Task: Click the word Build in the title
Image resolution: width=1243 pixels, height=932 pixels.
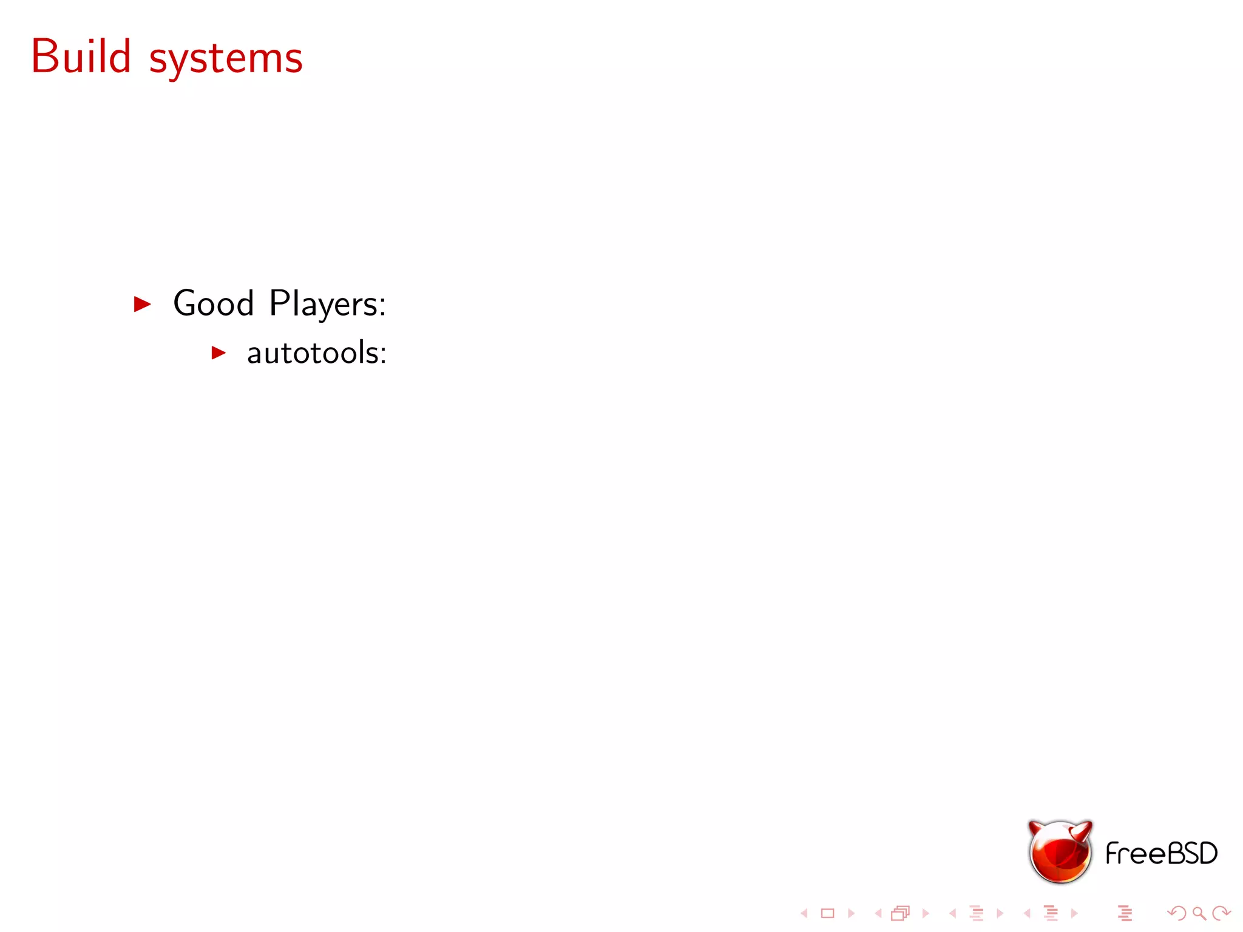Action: pos(81,56)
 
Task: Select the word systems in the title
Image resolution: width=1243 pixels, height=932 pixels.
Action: pos(226,60)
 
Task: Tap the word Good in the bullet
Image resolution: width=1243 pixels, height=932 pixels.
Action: pos(213,303)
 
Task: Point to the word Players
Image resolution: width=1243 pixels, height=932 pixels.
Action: pos(327,303)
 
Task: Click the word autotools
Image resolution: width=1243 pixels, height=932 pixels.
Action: pos(316,353)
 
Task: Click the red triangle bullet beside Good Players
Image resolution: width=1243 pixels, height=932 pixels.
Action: pos(142,303)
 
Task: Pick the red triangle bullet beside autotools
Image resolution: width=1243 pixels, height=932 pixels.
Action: pos(218,353)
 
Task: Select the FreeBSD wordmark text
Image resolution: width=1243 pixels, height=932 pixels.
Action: pos(1161,853)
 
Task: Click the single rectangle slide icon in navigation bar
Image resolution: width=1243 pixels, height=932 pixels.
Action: pos(828,913)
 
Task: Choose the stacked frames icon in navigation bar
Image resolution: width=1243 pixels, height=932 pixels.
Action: pos(901,913)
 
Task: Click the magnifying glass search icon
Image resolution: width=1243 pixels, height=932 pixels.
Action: pos(1199,913)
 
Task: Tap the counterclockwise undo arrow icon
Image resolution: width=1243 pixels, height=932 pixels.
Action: pos(1177,913)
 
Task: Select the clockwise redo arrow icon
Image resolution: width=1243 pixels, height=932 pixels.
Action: pos(1221,913)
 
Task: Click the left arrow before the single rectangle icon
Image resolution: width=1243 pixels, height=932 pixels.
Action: pos(805,913)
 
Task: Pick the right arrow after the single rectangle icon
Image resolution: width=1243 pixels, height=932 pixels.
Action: pos(851,913)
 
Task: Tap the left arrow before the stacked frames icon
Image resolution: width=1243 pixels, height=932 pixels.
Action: pos(878,913)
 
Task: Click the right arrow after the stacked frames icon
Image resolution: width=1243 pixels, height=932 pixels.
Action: pos(925,913)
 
